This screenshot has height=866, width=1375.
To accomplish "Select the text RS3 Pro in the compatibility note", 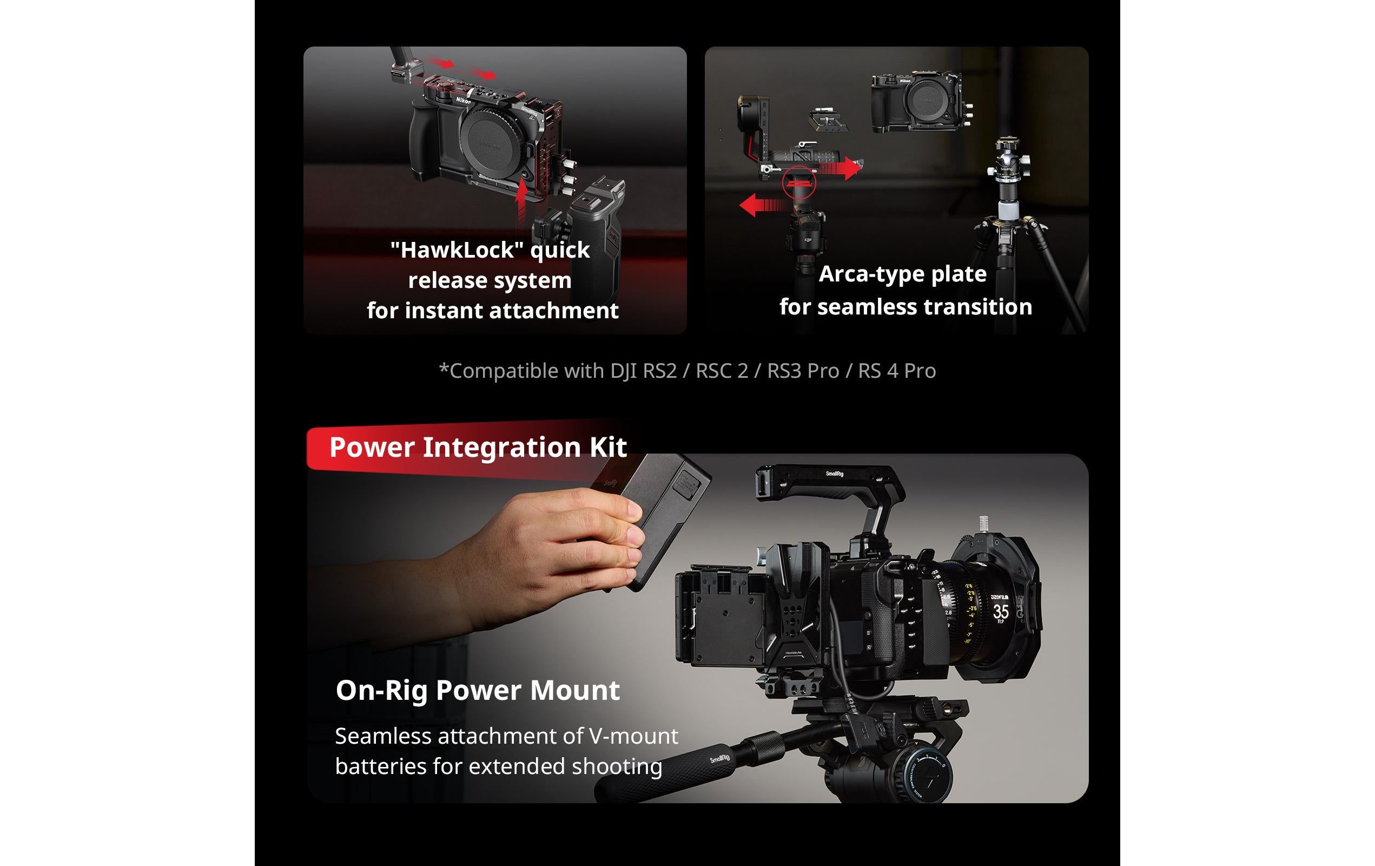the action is (803, 371).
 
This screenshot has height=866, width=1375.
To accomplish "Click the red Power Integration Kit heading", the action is (478, 447).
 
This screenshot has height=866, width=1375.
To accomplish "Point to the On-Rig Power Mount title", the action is (478, 690).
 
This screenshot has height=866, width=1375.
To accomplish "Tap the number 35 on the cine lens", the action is (1000, 612).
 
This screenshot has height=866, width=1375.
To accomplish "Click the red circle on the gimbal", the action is (799, 183).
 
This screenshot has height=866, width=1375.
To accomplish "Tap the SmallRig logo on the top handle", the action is (834, 474).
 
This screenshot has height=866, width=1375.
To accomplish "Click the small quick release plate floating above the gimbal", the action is (828, 119).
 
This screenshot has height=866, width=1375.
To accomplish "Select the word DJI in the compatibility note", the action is (624, 371).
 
